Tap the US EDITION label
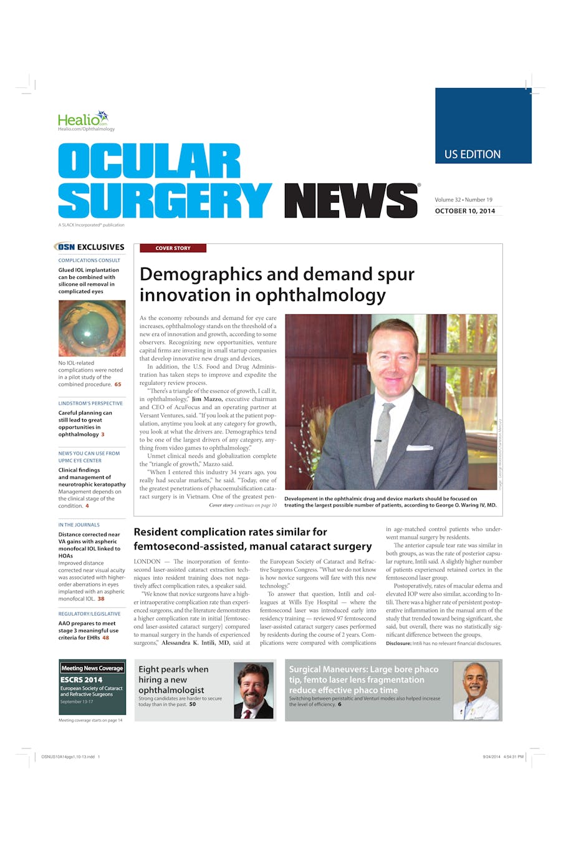[x=472, y=154]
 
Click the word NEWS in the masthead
[x=351, y=201]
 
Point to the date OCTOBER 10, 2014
[x=465, y=211]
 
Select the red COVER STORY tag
[x=173, y=248]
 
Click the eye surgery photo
[x=92, y=329]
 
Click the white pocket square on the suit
[x=419, y=447]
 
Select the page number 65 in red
[x=118, y=384]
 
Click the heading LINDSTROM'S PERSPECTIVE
[x=90, y=403]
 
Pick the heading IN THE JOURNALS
[x=79, y=525]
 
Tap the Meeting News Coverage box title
[x=92, y=668]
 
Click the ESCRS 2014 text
[x=81, y=680]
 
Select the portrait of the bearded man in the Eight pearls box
[x=254, y=690]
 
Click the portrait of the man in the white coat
[x=476, y=690]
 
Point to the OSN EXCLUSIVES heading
[x=90, y=247]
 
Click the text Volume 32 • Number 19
[x=464, y=200]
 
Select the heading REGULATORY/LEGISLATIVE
[x=89, y=614]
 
